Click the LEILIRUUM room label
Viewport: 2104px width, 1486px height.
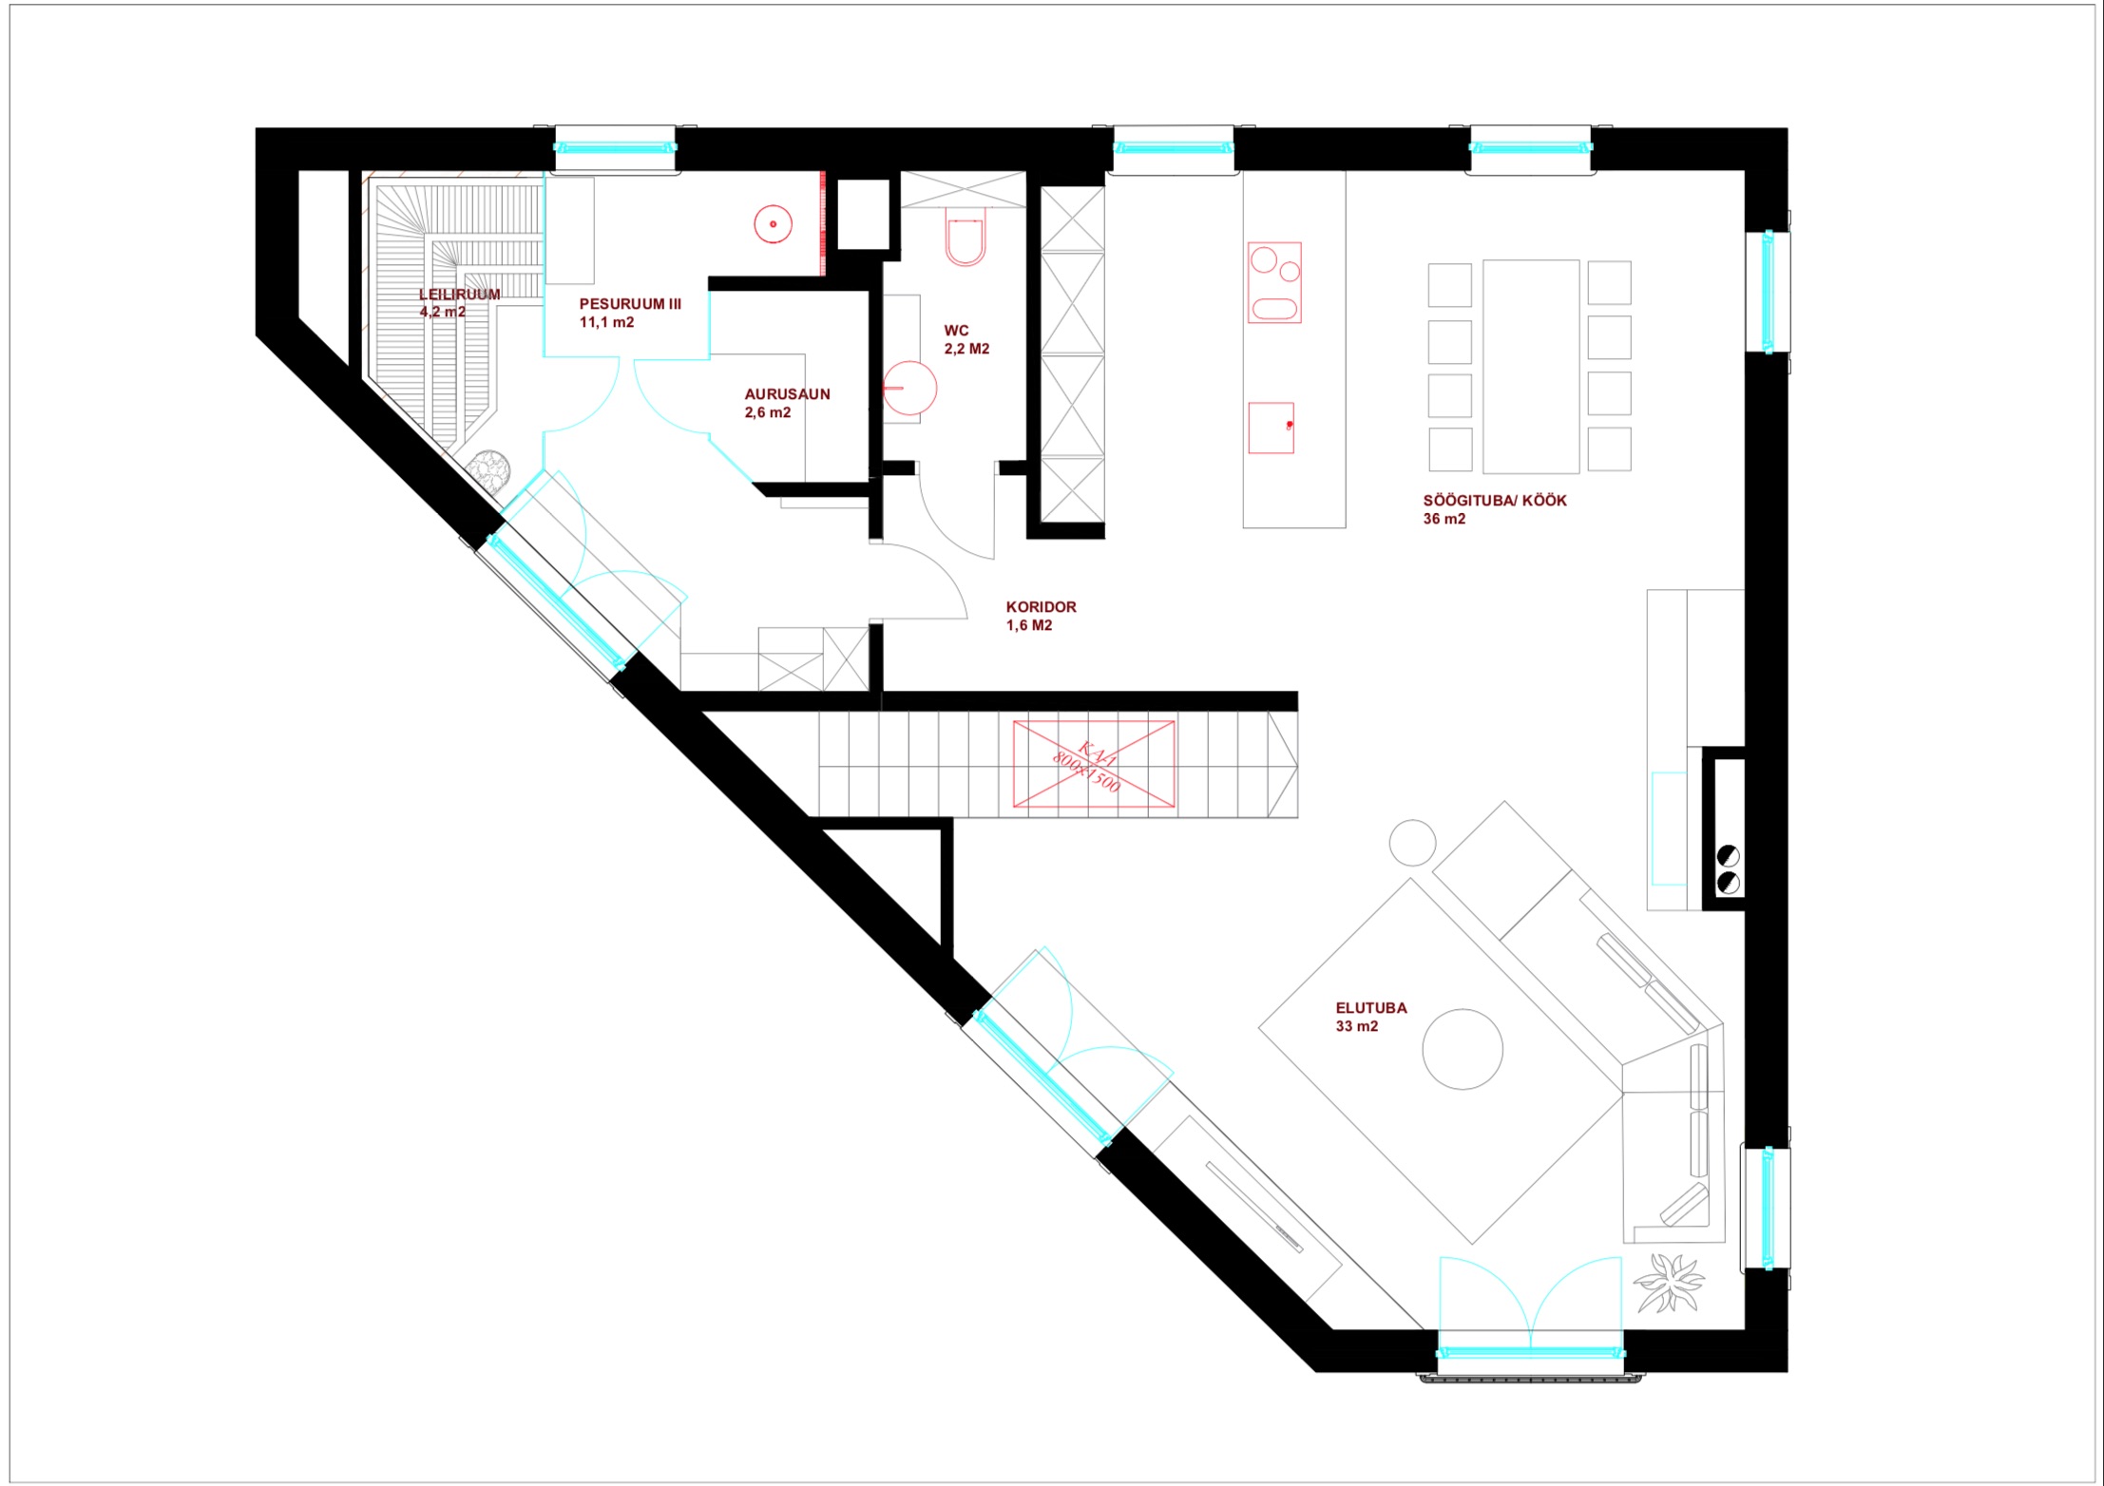click(x=459, y=295)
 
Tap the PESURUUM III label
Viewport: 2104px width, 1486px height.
click(x=630, y=304)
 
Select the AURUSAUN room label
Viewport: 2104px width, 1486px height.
click(x=787, y=394)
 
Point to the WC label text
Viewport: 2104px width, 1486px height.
click(x=956, y=331)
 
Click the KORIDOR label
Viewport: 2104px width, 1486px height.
click(x=1041, y=607)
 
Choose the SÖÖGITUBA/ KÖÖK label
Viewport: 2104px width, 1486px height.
click(x=1495, y=501)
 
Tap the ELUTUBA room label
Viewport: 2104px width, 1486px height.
click(x=1371, y=1008)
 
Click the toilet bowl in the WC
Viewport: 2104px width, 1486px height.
click(x=965, y=242)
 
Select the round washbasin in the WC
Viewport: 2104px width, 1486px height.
click(x=909, y=388)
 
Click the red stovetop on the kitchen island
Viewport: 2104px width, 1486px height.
click(x=1274, y=282)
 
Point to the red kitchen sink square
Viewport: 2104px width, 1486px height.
click(x=1271, y=428)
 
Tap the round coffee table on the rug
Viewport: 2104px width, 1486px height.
click(x=1463, y=1049)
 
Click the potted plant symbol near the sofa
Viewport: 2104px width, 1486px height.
click(x=1669, y=1282)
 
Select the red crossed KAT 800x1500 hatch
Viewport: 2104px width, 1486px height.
click(x=1094, y=765)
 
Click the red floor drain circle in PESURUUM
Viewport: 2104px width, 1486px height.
click(x=773, y=224)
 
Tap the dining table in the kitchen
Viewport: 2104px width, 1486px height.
click(x=1531, y=367)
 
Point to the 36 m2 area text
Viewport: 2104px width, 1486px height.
click(x=1444, y=519)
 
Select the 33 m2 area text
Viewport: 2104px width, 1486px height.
click(x=1356, y=1026)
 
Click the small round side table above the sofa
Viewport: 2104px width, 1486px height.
click(x=1412, y=843)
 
